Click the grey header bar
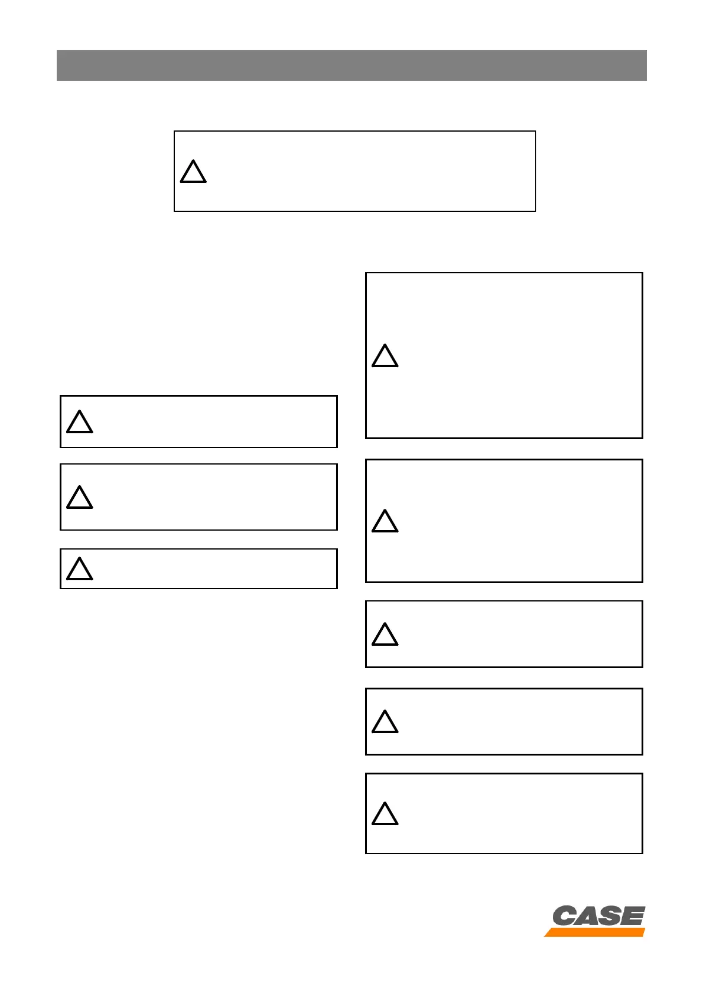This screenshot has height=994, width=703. tap(351, 65)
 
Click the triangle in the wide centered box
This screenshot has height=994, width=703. tap(193, 172)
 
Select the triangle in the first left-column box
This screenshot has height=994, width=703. tap(80, 423)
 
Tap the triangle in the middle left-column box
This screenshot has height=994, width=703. tap(80, 498)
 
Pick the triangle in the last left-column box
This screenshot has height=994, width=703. tap(80, 570)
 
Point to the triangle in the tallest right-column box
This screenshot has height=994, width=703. tap(385, 357)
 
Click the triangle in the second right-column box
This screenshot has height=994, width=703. tap(385, 522)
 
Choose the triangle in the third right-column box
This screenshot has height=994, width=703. tap(385, 635)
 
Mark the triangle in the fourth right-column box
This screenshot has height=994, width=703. tap(385, 722)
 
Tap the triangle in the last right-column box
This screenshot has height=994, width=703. tap(385, 815)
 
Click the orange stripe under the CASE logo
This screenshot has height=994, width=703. tap(595, 932)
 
